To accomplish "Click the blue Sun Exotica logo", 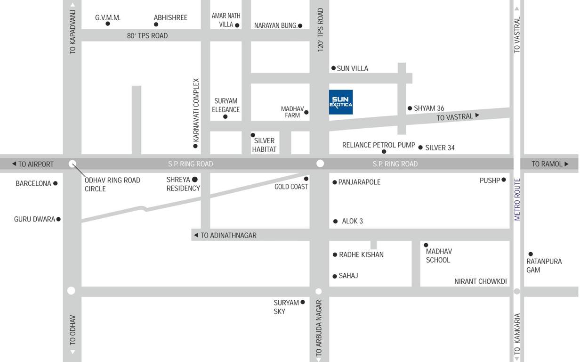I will click(341, 102).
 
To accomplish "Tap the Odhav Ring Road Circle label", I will click(112, 184).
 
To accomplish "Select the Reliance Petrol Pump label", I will click(379, 145).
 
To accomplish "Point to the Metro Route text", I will click(517, 199).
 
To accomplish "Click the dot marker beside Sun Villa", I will click(333, 68).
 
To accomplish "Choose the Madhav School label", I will click(439, 255).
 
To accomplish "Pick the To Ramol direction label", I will click(550, 164).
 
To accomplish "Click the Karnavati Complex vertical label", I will click(196, 110).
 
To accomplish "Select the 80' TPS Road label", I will click(147, 36).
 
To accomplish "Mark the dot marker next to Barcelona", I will click(55, 183).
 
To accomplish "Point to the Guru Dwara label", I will click(34, 219).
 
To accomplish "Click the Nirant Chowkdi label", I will click(480, 281).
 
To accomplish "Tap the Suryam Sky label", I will click(286, 307).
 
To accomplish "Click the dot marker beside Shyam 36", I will click(410, 108).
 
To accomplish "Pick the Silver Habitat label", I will click(264, 145).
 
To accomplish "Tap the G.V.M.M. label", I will click(108, 18).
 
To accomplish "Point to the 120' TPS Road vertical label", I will click(321, 29).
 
